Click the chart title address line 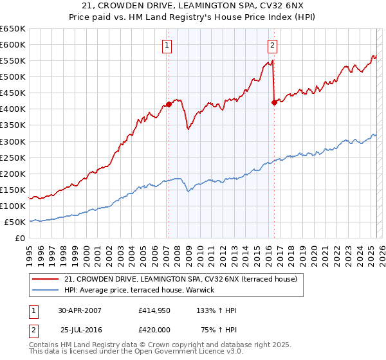pyautogui.click(x=192, y=6)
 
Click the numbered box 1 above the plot pyautogui.click(x=167, y=45)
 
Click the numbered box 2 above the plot pyautogui.click(x=273, y=45)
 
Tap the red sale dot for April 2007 pyautogui.click(x=169, y=104)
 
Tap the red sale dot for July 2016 pyautogui.click(x=274, y=102)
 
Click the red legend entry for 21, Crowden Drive pyautogui.click(x=181, y=279)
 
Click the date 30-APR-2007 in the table pyautogui.click(x=80, y=310)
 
